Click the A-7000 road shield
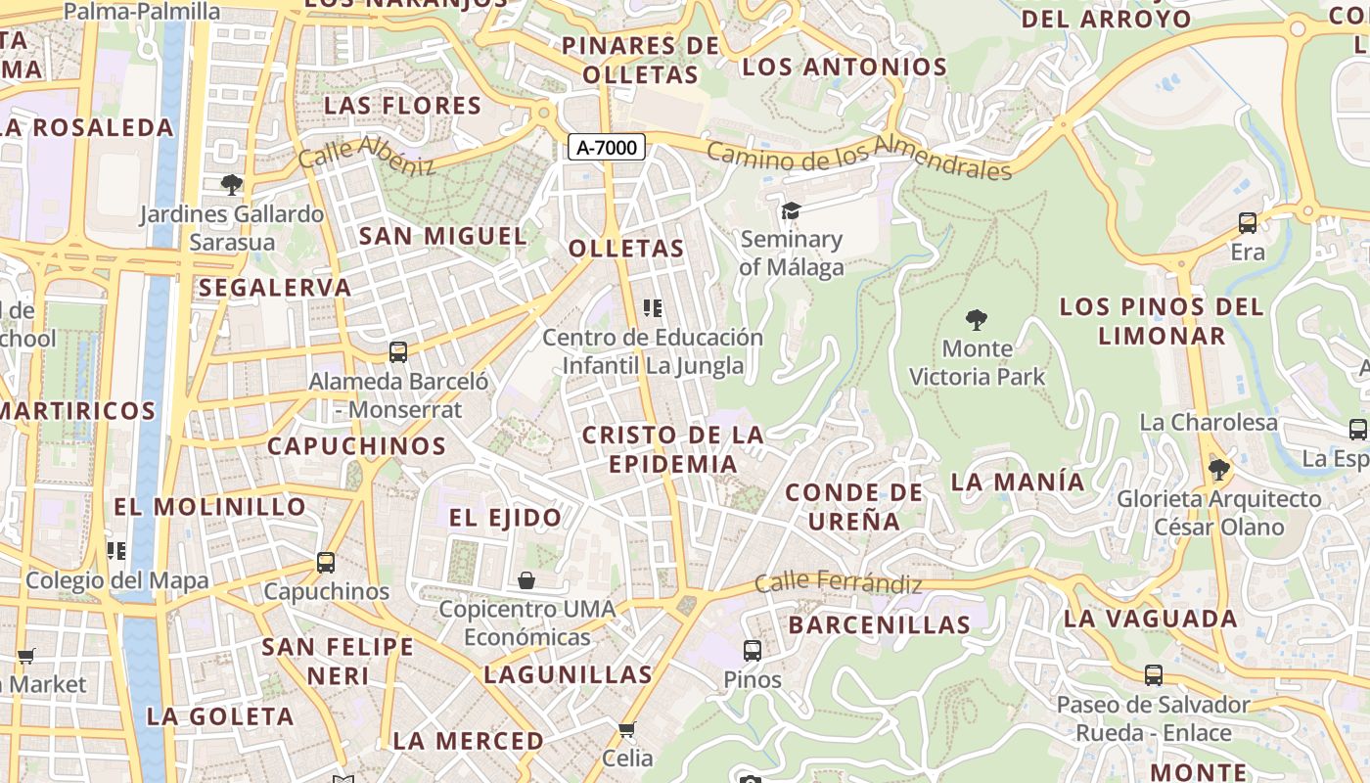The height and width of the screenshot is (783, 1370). pyautogui.click(x=607, y=148)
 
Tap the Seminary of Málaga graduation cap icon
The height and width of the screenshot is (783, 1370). pyautogui.click(x=791, y=211)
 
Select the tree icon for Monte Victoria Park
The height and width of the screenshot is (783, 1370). pyautogui.click(x=976, y=319)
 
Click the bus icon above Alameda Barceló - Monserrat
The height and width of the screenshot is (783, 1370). pyautogui.click(x=398, y=352)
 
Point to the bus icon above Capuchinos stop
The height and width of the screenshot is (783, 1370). pyautogui.click(x=326, y=563)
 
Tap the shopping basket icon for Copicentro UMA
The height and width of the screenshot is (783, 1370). pyautogui.click(x=526, y=580)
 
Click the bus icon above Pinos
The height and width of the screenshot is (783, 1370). pyautogui.click(x=753, y=650)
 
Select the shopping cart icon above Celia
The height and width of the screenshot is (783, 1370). pyautogui.click(x=627, y=729)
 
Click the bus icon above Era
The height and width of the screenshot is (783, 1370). pyautogui.click(x=1248, y=223)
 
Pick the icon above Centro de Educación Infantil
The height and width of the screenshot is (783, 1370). pyautogui.click(x=653, y=309)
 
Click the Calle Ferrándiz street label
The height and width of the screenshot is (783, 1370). pyautogui.click(x=839, y=582)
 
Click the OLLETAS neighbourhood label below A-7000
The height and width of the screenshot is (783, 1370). pyautogui.click(x=626, y=249)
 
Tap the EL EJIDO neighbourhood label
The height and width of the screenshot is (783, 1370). pyautogui.click(x=505, y=518)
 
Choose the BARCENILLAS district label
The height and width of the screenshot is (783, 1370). pyautogui.click(x=879, y=624)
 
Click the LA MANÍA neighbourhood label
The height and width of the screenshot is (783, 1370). pyautogui.click(x=1018, y=482)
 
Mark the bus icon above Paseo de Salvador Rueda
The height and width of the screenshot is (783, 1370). pyautogui.click(x=1154, y=675)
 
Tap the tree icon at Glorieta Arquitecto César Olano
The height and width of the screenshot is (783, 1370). pyautogui.click(x=1219, y=470)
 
